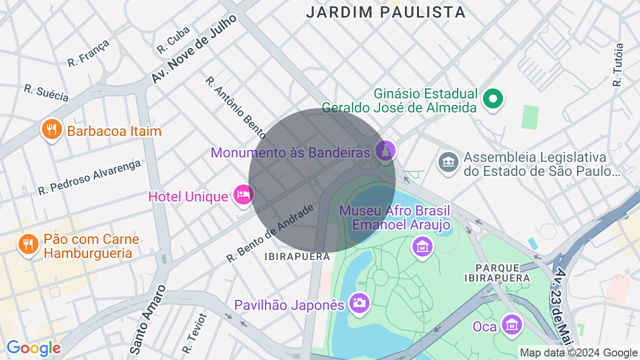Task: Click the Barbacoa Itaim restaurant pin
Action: pyautogui.click(x=51, y=129)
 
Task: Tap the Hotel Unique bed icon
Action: pyautogui.click(x=243, y=194)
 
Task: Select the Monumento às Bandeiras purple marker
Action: pyautogui.click(x=385, y=151)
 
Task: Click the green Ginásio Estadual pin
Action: pyautogui.click(x=493, y=99)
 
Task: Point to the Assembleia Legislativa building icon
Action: pyautogui.click(x=448, y=162)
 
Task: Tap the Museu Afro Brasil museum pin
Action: pyautogui.click(x=422, y=247)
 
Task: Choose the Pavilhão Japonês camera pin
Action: pyautogui.click(x=358, y=302)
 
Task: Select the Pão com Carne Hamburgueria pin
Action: pyautogui.click(x=28, y=244)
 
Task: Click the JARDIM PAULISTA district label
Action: pyautogui.click(x=385, y=12)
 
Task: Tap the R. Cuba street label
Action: pyautogui.click(x=173, y=40)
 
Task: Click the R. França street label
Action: pyautogui.click(x=88, y=53)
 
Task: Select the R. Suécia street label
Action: pyautogui.click(x=46, y=92)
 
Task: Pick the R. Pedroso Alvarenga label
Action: pyautogui.click(x=89, y=177)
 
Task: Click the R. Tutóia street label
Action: pyautogui.click(x=618, y=65)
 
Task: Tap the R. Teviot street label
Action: pyautogui.click(x=194, y=333)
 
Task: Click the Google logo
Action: pyautogui.click(x=33, y=348)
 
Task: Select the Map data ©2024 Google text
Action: pyautogui.click(x=578, y=353)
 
